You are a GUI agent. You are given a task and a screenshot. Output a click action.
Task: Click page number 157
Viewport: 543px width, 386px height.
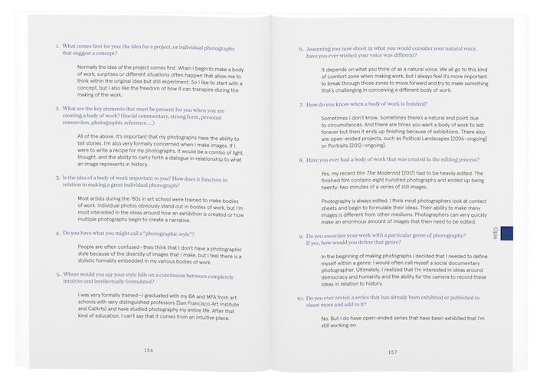click(391, 352)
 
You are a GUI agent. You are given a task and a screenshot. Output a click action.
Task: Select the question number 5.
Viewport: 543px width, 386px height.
click(57, 273)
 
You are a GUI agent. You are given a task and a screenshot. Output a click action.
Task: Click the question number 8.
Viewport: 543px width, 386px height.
click(300, 162)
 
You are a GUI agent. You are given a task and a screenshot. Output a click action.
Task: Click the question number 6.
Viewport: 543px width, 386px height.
click(300, 47)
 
